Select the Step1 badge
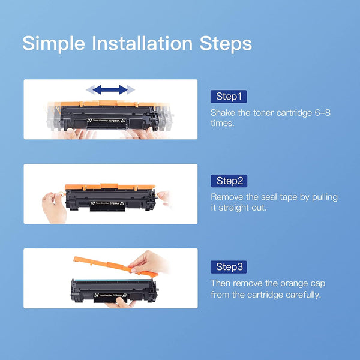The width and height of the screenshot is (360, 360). click(x=228, y=97)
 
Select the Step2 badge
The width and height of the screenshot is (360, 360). click(x=228, y=181)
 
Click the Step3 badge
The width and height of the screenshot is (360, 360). click(x=228, y=266)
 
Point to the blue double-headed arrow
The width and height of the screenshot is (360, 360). click(x=110, y=90)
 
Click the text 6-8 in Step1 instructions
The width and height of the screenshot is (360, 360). click(x=315, y=112)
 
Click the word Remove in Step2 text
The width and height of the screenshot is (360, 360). click(x=226, y=197)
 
